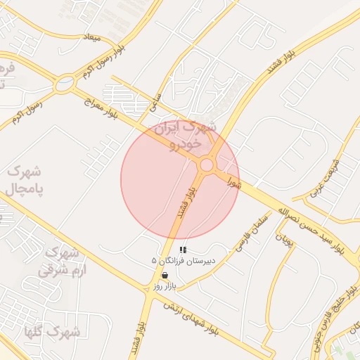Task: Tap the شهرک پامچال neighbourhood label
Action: click(x=25, y=181)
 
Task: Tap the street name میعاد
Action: click(x=91, y=35)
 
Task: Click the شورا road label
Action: click(x=234, y=182)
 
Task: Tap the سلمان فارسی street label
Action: click(x=252, y=234)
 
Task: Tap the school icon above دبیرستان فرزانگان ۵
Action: click(x=184, y=250)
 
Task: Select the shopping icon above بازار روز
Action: click(x=165, y=276)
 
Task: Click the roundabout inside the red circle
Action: click(x=206, y=165)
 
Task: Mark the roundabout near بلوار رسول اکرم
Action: click(x=65, y=85)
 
